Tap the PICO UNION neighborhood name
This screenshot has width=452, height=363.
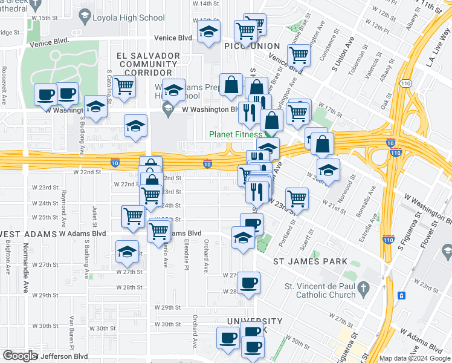251,46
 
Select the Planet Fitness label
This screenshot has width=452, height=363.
235,134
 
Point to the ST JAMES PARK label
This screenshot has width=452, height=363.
310,261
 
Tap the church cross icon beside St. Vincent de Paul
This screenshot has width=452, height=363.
363,290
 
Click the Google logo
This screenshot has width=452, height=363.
20,356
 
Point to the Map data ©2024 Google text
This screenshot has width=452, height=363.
415,358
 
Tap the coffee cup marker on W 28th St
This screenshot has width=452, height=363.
248,283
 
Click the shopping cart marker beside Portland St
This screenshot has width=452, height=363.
297,197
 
